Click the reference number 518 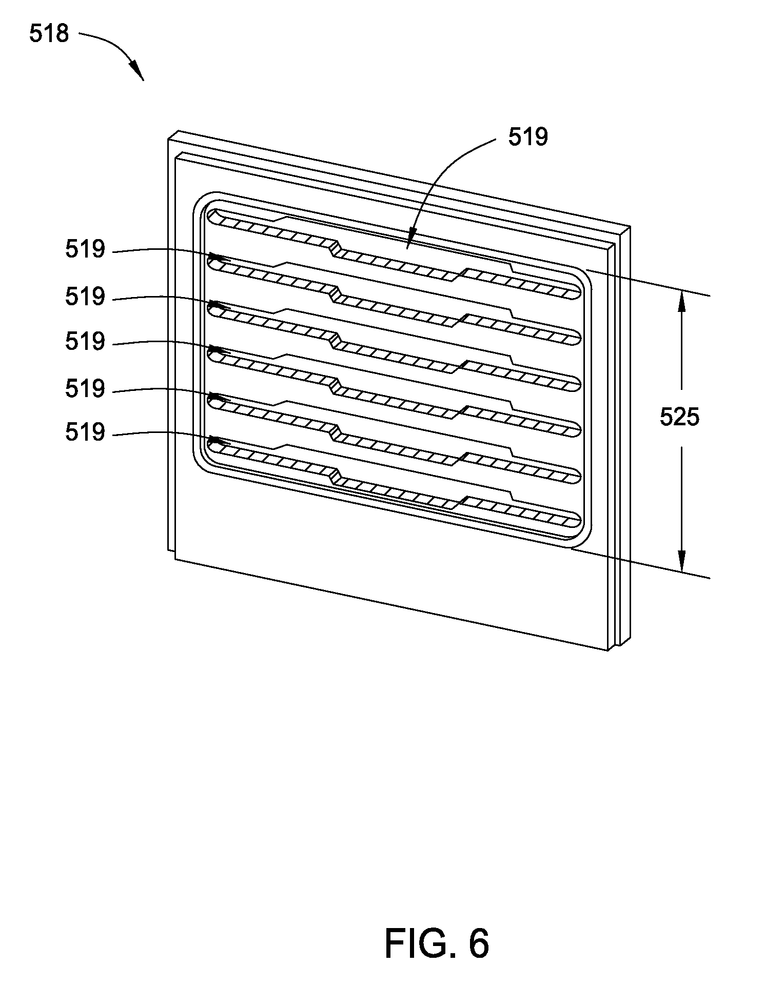49,34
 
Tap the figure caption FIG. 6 437,943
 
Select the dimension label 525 679,417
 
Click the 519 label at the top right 528,137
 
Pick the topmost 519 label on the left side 85,250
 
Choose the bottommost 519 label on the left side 85,432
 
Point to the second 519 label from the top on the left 85,297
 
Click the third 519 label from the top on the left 85,341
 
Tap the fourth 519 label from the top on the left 85,389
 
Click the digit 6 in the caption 478,943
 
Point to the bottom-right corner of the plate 609,649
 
